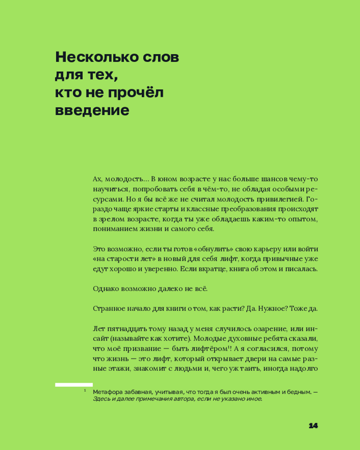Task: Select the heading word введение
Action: click(x=92, y=111)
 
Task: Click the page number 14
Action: click(x=313, y=426)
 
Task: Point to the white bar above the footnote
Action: click(x=74, y=385)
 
